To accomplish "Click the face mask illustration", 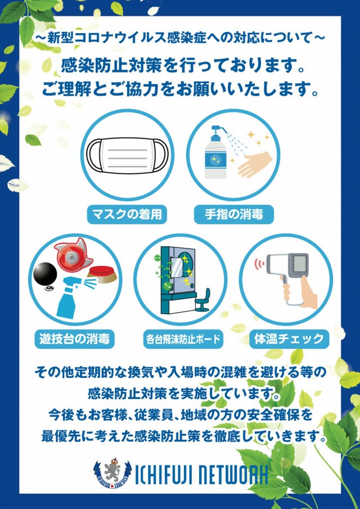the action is (127, 155).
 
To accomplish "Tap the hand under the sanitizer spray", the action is (255, 165).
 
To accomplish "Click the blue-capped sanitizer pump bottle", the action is (216, 152).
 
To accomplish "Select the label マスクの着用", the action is (127, 215).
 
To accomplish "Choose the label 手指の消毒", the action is (234, 215).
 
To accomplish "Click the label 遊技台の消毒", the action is (75, 339).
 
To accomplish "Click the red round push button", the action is (102, 274).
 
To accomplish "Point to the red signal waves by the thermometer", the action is (259, 264).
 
